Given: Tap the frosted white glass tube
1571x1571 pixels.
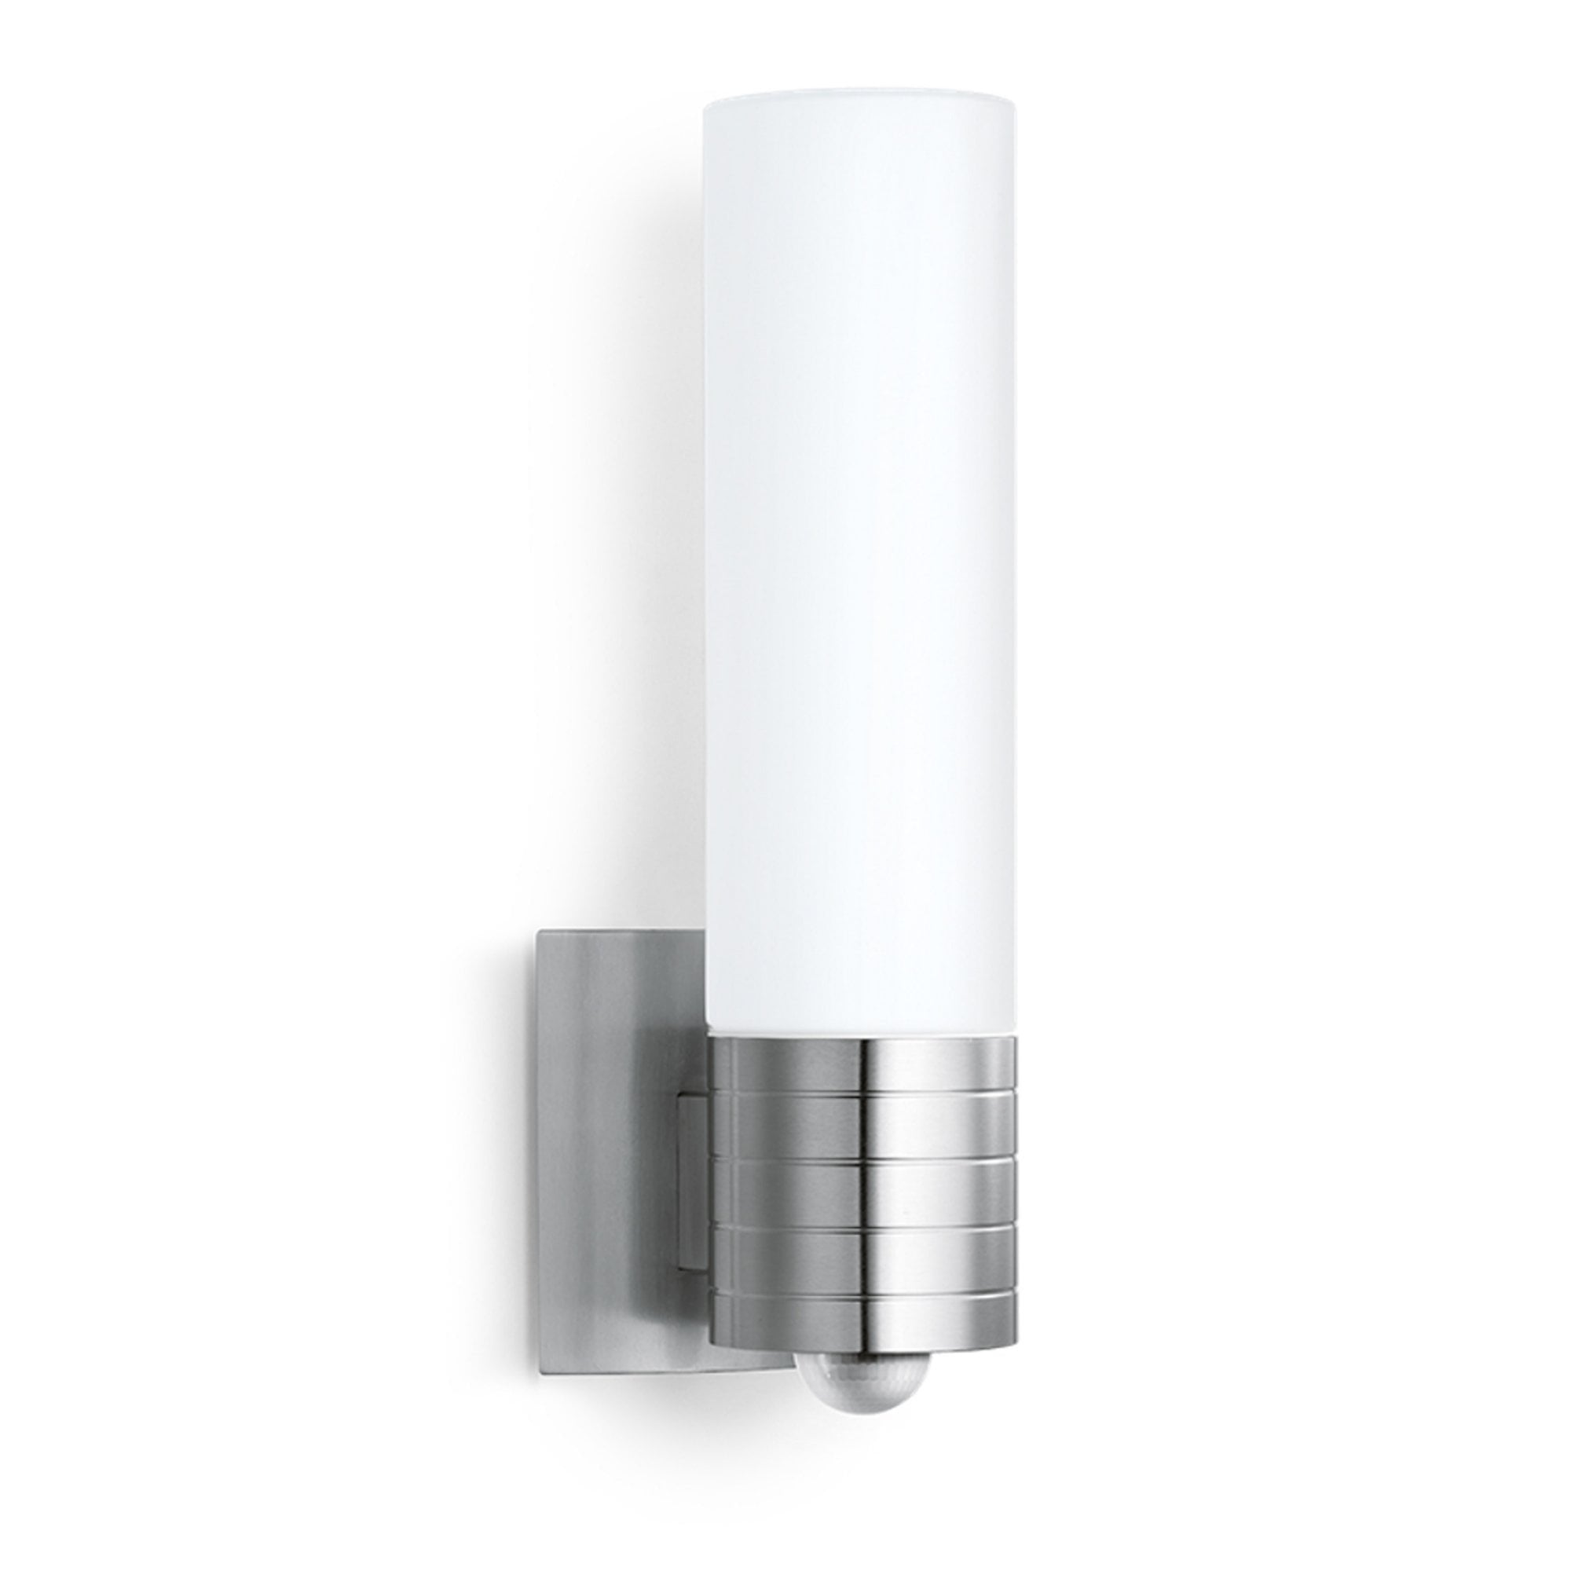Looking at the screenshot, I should (x=860, y=569).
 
